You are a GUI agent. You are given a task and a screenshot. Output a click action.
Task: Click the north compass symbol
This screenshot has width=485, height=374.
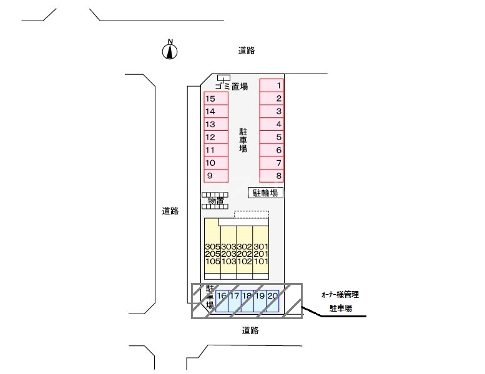[x=169, y=50]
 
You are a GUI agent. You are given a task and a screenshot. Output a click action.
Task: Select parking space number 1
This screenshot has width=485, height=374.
[x=272, y=85]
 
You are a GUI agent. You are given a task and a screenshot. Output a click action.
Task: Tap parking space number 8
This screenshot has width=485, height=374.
[x=272, y=176]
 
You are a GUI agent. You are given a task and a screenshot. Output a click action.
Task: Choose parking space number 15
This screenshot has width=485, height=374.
[x=216, y=98]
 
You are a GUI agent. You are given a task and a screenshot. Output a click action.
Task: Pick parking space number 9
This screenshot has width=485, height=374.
[x=216, y=176]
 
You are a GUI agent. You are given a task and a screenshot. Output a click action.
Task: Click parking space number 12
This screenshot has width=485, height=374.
[x=216, y=137]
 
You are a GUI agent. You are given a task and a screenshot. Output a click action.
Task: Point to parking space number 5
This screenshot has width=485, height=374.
[x=272, y=137]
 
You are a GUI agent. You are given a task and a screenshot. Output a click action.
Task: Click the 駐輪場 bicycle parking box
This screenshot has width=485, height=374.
[x=266, y=193]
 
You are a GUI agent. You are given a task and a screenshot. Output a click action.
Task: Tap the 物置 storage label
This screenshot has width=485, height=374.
[x=216, y=201]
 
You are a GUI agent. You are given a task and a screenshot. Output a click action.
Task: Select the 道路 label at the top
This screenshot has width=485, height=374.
[x=247, y=50]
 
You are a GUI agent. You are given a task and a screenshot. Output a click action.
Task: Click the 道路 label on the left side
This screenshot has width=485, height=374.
[x=170, y=211]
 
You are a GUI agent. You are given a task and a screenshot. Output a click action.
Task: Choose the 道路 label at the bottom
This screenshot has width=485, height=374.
[x=250, y=330]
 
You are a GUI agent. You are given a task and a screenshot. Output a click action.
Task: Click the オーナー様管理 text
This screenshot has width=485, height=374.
[x=337, y=294]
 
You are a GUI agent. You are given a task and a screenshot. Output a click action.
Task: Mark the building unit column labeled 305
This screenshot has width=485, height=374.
[x=212, y=254]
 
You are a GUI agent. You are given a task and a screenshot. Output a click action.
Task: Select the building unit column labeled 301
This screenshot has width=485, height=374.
[x=261, y=254]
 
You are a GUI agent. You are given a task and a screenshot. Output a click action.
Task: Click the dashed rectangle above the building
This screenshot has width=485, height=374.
[x=252, y=214]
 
